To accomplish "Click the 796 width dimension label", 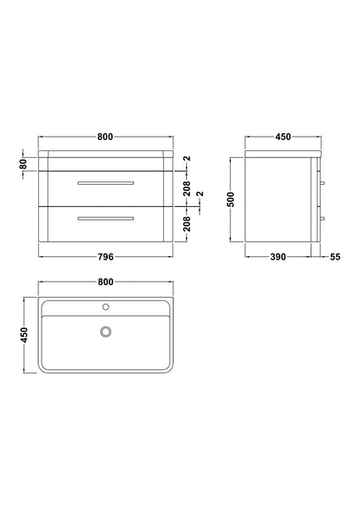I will [105, 256].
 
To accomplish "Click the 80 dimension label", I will [25, 163].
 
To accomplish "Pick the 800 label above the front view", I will [105, 138].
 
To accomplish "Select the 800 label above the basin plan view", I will [105, 281].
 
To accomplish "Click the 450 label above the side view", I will [283, 138].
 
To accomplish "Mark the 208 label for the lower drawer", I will [187, 223].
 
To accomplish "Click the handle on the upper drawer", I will [105, 183].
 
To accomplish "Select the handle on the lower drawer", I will [105, 219].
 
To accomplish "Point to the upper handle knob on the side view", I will [322, 184].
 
